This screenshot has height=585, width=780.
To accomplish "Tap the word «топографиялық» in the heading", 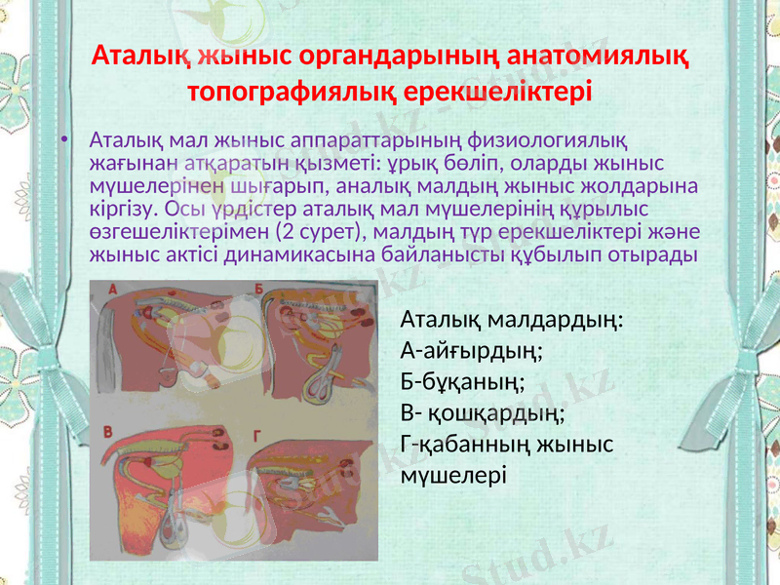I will pos(280,93).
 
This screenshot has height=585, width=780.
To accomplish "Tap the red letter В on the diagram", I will pos(108,430).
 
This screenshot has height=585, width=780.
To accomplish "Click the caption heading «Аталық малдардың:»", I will pos(513,320).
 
